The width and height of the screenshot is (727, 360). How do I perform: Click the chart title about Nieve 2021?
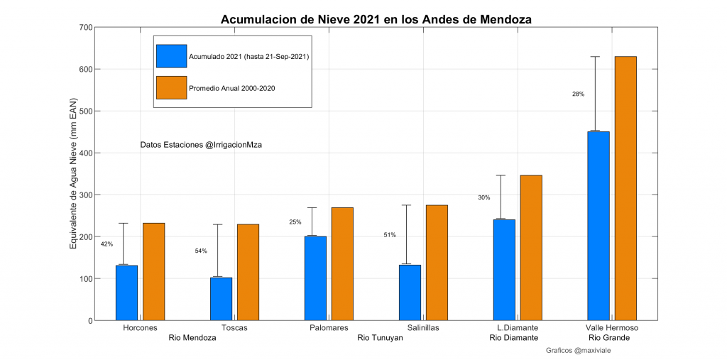pos(376,18)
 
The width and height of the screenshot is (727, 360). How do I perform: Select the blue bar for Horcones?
pos(126,293)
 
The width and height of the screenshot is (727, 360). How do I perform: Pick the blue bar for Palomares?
pos(315,278)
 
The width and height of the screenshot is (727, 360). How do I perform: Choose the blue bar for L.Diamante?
pos(504,270)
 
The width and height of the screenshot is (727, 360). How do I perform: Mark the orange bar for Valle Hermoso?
pos(625,188)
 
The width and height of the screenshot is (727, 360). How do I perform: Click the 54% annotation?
pos(201,251)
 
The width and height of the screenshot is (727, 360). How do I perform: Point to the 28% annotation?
pos(578,94)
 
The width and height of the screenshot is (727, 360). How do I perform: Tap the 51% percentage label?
pos(390,234)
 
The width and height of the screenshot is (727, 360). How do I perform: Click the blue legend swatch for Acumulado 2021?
pos(171,56)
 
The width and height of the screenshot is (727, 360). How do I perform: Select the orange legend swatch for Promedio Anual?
pos(171,87)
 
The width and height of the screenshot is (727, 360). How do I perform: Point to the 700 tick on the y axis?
pos(85,27)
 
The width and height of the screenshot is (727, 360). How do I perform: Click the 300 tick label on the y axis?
pos(85,195)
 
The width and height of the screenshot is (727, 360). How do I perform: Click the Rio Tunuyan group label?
pos(380,338)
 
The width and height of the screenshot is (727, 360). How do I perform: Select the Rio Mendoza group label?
pos(192,338)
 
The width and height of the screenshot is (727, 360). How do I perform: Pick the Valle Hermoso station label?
pos(612,328)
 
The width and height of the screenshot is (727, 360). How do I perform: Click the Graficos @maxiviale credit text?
pos(579,350)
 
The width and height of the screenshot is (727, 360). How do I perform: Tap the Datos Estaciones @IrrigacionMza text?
pos(202,145)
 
